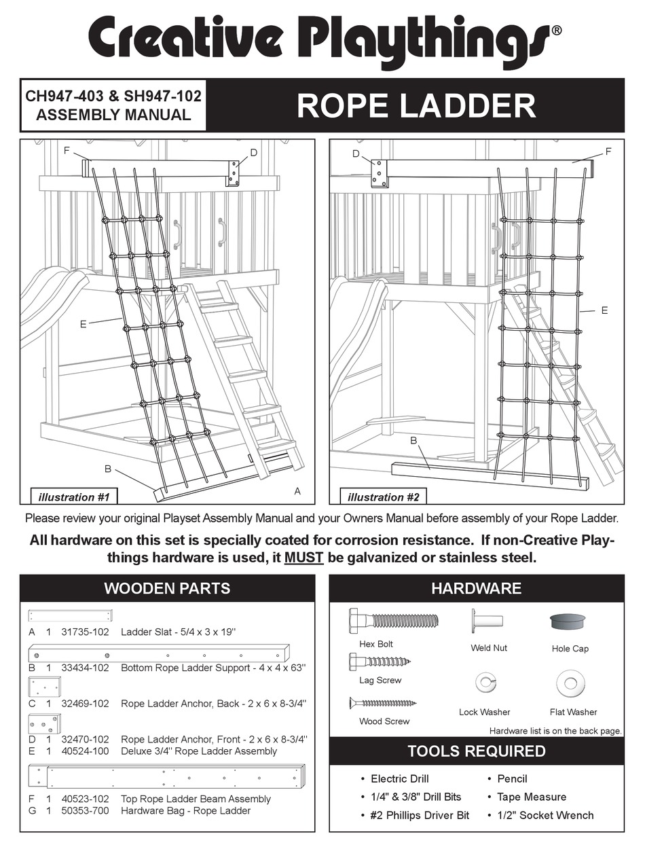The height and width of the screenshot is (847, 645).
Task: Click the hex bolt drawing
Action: click(x=393, y=620)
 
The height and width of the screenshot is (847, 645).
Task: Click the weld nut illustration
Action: click(x=487, y=621)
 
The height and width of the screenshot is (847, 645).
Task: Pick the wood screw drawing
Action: click(x=383, y=703)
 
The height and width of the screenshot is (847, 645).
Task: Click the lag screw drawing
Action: click(x=380, y=661)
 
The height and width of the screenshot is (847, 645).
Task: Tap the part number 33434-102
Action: click(x=85, y=668)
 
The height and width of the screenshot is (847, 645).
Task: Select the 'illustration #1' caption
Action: click(x=73, y=497)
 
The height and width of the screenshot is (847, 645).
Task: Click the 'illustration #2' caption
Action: click(x=375, y=497)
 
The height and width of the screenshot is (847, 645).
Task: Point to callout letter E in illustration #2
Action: click(x=604, y=310)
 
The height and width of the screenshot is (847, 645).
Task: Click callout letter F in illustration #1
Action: click(x=67, y=151)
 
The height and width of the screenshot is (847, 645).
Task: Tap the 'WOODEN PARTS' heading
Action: click(x=166, y=588)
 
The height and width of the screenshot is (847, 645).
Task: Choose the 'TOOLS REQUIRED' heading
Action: click(x=476, y=751)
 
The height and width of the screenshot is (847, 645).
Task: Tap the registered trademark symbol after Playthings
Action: click(x=556, y=31)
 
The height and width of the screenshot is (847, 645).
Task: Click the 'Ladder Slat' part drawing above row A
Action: click(x=70, y=616)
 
